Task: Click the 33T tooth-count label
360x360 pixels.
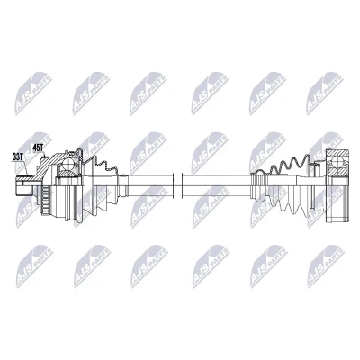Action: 18,157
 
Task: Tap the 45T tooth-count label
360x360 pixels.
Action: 38,148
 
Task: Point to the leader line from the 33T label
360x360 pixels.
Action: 20,168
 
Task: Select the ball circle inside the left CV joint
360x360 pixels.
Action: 68,164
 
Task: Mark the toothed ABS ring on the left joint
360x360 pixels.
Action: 44,200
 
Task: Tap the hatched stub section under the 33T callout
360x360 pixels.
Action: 23,179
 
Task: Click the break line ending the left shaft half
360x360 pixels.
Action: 174,186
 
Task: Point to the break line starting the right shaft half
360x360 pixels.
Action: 182,186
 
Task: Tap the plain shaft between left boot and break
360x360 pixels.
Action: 150,186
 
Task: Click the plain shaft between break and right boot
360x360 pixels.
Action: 216,186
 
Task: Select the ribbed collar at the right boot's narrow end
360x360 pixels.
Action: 258,187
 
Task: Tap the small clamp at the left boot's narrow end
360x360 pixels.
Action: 122,186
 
